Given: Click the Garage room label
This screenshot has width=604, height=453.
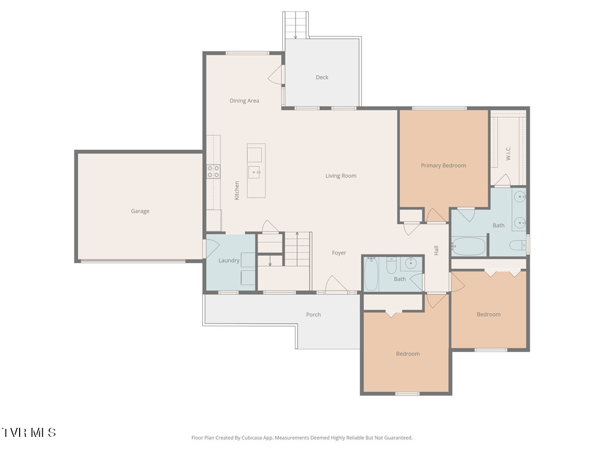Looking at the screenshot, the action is point(140,211).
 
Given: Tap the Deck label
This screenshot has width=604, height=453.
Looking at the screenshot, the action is point(322,78).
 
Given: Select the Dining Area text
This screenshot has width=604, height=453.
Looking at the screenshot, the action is point(244,101).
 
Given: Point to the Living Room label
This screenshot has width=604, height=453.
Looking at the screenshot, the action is point(341,176).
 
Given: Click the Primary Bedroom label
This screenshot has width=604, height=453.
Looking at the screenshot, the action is point(443,166).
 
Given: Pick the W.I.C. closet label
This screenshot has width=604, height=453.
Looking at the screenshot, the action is point(508,153).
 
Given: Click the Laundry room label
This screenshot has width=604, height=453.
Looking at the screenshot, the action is point(229,260).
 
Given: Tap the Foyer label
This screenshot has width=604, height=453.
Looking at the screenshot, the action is point(339,253).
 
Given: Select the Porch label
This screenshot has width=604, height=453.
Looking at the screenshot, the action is point(314,315).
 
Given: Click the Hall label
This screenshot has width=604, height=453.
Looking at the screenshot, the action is point(436,250).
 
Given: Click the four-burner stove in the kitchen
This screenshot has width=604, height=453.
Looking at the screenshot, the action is point(213,171).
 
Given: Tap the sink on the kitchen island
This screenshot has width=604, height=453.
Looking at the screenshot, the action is point(254,172).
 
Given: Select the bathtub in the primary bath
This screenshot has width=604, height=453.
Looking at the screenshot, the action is point(469,247).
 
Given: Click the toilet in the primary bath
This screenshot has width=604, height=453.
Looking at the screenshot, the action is point(517,245).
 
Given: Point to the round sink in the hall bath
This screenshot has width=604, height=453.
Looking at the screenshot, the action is point(411,263).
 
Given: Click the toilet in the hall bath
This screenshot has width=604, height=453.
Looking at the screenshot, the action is point(391,265).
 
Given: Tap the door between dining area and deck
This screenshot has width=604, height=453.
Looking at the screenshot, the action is point(276,74).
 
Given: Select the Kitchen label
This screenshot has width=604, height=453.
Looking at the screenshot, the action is point(237,191).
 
